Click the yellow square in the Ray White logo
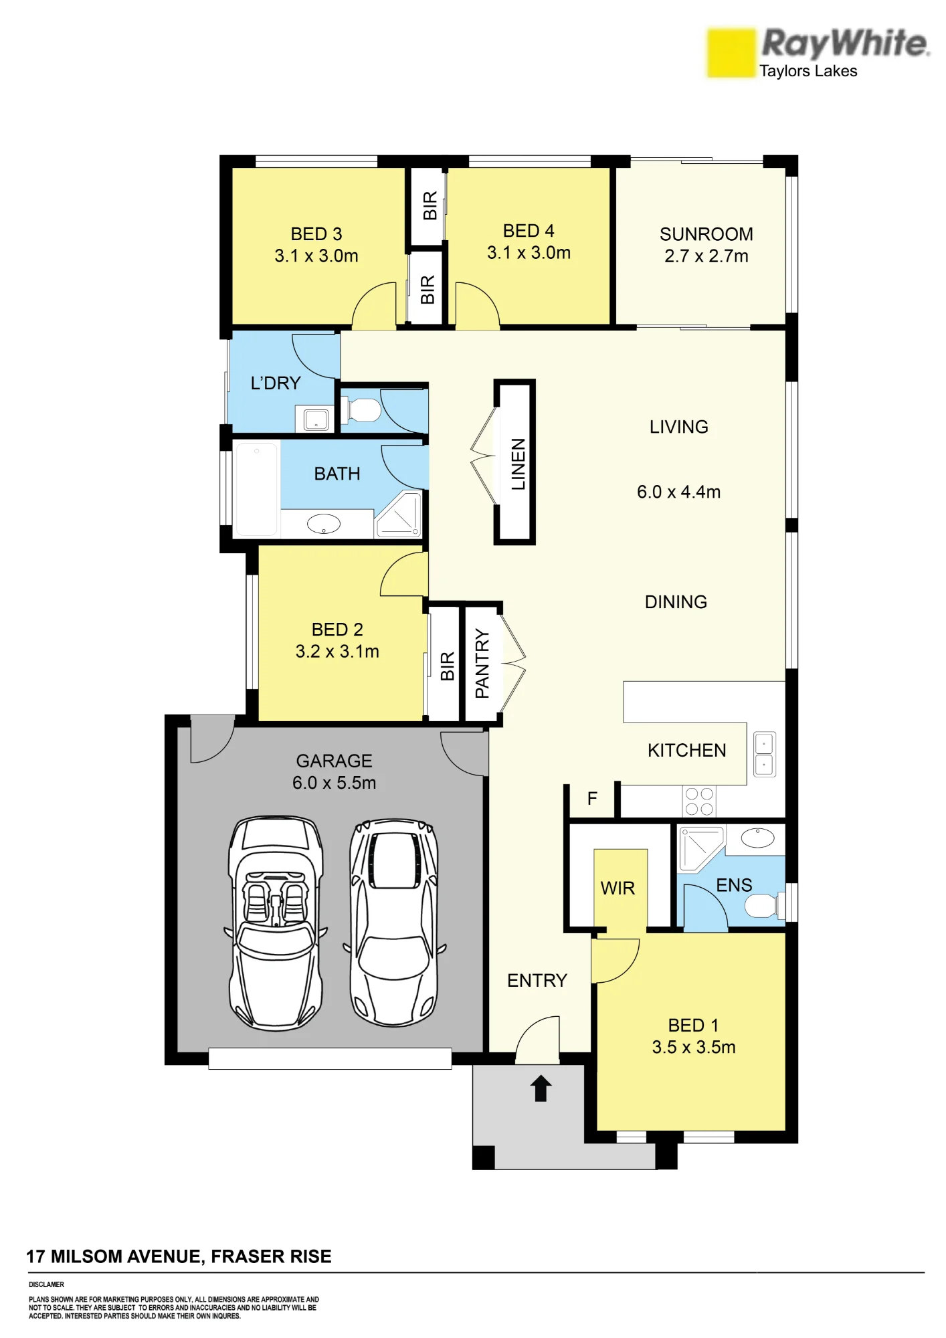731,53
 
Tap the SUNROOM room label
706,234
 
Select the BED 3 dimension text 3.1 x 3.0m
316,256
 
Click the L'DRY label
276,383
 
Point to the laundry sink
316,419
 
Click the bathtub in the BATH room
256,489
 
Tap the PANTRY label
482,664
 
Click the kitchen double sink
764,755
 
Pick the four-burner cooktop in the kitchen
699,801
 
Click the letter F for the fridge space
592,798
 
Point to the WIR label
618,888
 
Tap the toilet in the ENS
763,906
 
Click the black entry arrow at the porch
541,1088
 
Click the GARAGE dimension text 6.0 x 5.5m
334,783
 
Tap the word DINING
676,602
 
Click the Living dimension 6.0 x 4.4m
678,492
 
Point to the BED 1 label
693,1026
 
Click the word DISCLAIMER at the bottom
46,1284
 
